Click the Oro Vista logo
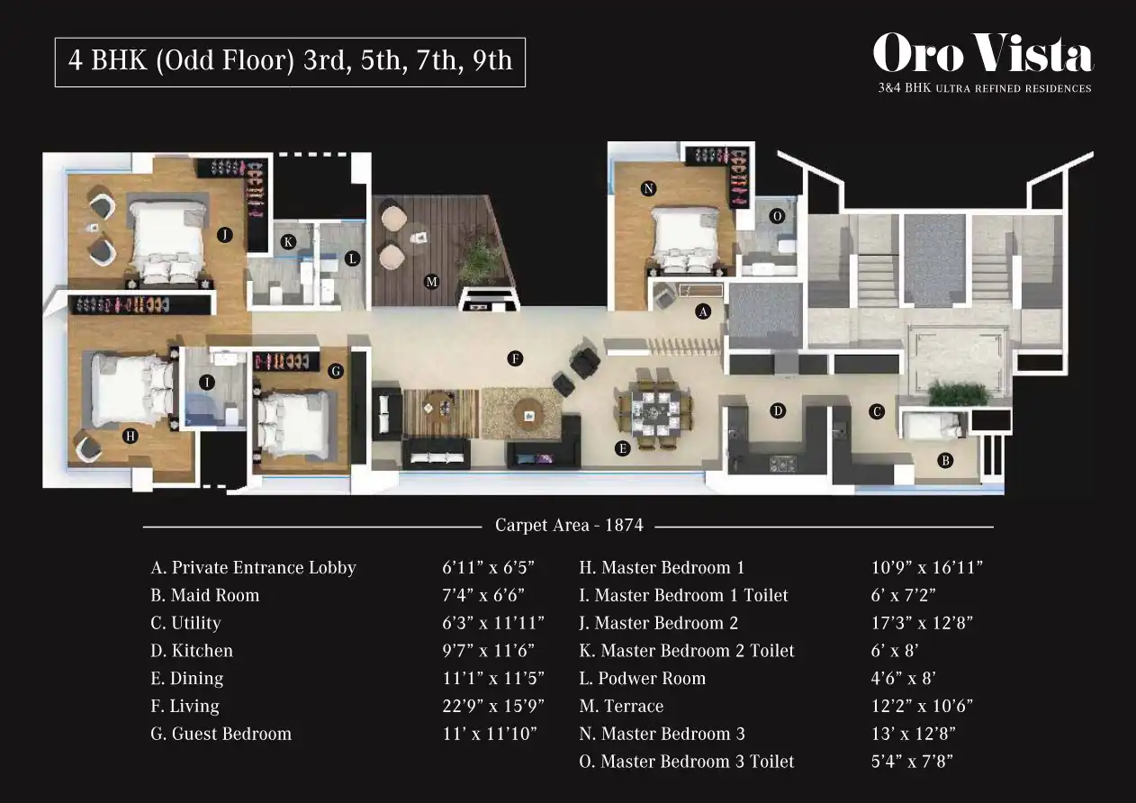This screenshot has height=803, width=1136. coord(983,62)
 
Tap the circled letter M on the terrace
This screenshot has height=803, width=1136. coord(431,282)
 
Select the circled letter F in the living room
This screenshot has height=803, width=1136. coord(515,359)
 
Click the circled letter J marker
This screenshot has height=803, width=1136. coord(225,235)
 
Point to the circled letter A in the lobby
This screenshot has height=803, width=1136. coord(703,311)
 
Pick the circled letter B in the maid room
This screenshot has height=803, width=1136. coord(945,461)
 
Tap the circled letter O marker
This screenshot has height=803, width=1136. coord(777,216)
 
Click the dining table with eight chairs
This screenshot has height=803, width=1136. coord(654,409)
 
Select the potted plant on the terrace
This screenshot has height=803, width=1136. coord(478,261)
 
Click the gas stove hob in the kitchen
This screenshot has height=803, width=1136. coord(783,464)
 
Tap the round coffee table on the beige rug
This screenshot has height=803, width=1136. coord(528,414)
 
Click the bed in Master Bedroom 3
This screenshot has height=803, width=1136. coord(686,238)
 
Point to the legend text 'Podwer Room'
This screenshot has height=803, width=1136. coord(652,678)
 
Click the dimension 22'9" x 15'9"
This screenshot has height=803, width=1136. coord(493,706)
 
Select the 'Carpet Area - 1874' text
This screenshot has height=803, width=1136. coord(569,525)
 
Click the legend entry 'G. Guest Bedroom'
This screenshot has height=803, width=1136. coord(221,734)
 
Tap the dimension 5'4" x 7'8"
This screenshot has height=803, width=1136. coord(912,761)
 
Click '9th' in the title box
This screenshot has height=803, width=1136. coord(492,59)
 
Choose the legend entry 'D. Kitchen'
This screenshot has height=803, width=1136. coord(192,650)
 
